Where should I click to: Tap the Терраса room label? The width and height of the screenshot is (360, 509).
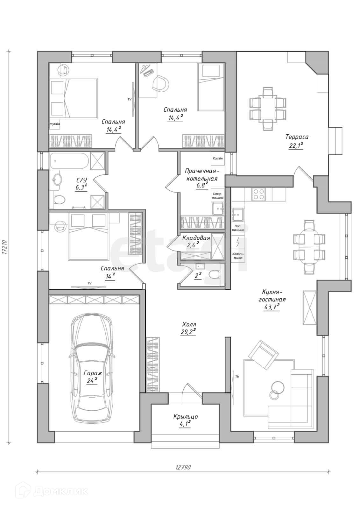tap(297, 137)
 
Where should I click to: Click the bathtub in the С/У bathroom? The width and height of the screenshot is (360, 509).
tap(69, 161)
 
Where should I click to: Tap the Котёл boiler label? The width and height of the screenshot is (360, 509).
tap(217, 158)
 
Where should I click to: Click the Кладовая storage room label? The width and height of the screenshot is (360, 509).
tap(196, 238)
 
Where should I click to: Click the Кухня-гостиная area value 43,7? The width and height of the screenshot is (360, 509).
tap(272, 308)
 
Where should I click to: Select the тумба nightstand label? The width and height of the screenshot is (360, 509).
tap(54, 124)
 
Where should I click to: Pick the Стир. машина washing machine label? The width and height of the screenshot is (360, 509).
tap(217, 196)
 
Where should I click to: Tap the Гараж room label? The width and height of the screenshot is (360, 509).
tap(93, 373)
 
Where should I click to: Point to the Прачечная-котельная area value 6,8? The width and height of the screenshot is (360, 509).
tap(202, 186)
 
